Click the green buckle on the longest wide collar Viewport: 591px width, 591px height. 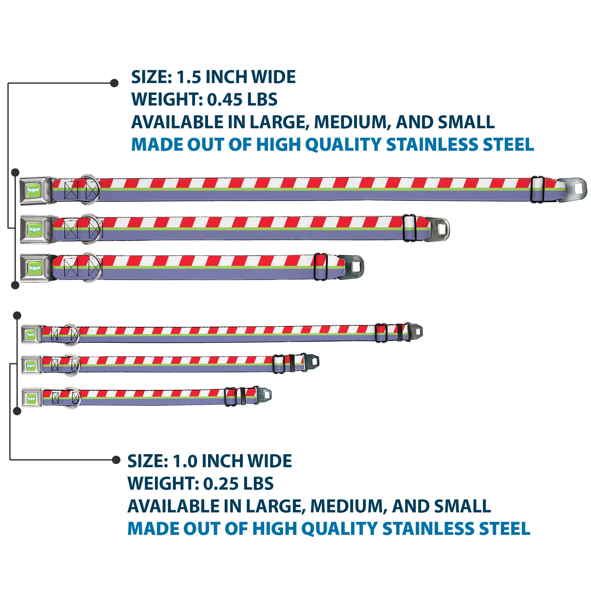pyautogui.click(x=34, y=190)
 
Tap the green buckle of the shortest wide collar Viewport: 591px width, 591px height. pyautogui.click(x=34, y=268)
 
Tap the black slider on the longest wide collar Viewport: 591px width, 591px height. pyautogui.click(x=538, y=189)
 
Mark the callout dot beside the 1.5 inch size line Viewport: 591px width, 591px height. pyautogui.click(x=114, y=83)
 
